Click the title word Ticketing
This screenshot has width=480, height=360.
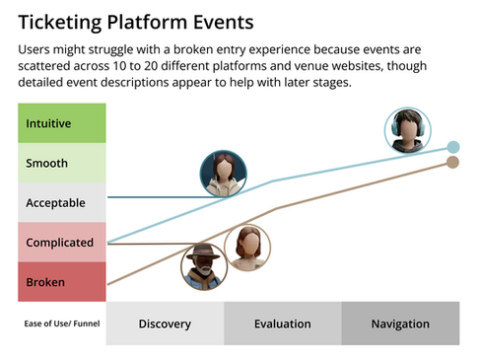pos(60,21)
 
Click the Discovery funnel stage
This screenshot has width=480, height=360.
pos(165,324)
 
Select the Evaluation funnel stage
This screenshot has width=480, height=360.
pos(282,324)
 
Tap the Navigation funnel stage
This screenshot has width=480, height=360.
pos(400,324)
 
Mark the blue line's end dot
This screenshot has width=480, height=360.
pos(452,147)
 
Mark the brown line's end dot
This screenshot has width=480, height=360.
pos(452,163)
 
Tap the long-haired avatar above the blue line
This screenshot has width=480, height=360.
pos(223,176)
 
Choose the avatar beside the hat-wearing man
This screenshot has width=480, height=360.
pos(247,249)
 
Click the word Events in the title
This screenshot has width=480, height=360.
pos(220,21)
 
